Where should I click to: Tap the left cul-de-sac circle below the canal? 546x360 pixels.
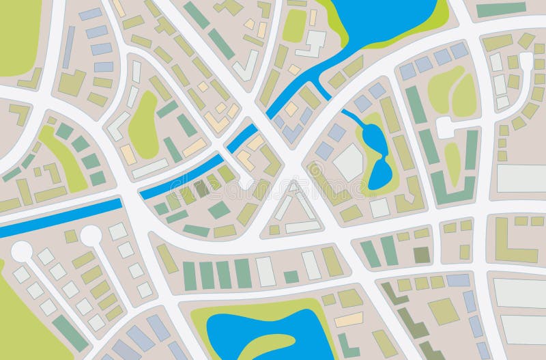pos(21,251)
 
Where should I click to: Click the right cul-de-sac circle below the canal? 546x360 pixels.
pos(90,236)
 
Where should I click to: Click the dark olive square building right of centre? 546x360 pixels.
pos(422,255)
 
